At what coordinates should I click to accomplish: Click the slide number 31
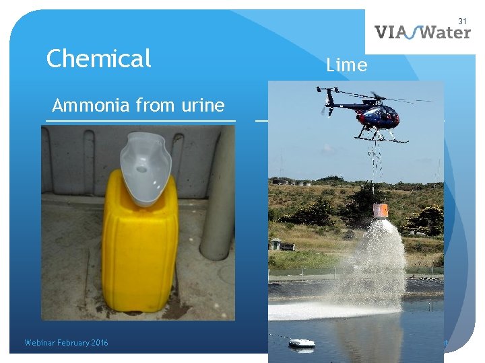tap(462, 22)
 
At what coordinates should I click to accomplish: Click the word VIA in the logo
tap(390, 32)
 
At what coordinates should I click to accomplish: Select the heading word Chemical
tap(98, 59)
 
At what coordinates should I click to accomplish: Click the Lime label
tap(346, 65)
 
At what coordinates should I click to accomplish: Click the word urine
tap(203, 106)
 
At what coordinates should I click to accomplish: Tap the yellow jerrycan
tap(140, 249)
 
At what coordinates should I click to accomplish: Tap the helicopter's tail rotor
tap(328, 100)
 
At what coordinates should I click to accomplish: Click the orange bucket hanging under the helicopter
tap(381, 210)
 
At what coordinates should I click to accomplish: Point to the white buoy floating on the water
tap(301, 344)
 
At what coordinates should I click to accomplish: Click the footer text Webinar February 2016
tap(66, 343)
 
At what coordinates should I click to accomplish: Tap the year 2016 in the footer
tap(98, 343)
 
